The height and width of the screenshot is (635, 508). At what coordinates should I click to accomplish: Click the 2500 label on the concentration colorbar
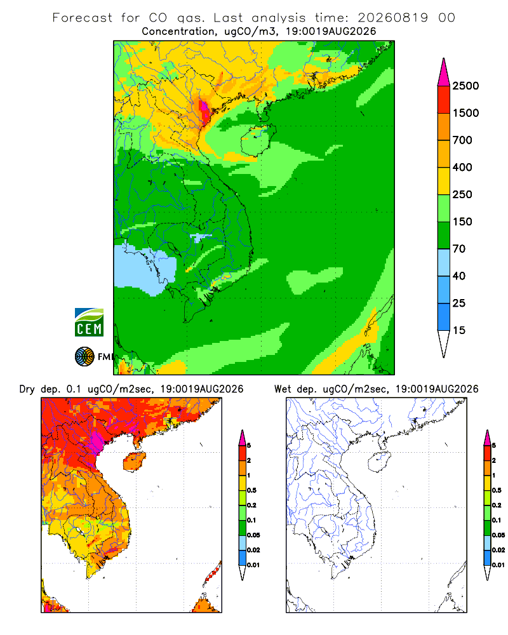(x=465, y=86)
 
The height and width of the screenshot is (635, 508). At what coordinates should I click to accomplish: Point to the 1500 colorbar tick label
(x=465, y=113)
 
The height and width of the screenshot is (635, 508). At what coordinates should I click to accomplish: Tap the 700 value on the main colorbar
(x=462, y=140)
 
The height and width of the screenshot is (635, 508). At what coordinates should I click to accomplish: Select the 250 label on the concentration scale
(x=462, y=194)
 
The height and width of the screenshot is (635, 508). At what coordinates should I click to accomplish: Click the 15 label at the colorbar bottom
(x=459, y=330)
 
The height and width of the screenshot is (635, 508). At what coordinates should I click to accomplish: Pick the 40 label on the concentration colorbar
(x=459, y=276)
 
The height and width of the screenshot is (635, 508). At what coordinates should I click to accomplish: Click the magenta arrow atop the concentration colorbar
(x=444, y=72)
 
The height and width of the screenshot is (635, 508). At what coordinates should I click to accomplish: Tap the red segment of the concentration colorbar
(x=444, y=100)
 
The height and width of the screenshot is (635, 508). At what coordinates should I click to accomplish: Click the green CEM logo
(x=89, y=323)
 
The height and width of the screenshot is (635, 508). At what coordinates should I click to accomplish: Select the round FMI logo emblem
(x=84, y=357)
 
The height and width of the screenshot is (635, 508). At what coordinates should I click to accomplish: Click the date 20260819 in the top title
(x=392, y=18)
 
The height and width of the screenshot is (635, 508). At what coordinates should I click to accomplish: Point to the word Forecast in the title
(x=83, y=18)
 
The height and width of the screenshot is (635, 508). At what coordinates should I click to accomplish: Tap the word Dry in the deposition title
(x=27, y=389)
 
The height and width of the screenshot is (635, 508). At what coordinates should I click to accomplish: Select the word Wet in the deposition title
(x=283, y=389)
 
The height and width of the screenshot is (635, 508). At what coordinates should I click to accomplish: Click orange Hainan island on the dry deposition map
(x=134, y=462)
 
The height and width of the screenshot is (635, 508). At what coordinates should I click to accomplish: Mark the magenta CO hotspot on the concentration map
(x=204, y=109)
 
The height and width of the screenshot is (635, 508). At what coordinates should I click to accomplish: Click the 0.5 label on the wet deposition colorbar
(x=497, y=490)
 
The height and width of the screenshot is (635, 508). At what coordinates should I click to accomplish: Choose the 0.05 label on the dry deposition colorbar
(x=253, y=535)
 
